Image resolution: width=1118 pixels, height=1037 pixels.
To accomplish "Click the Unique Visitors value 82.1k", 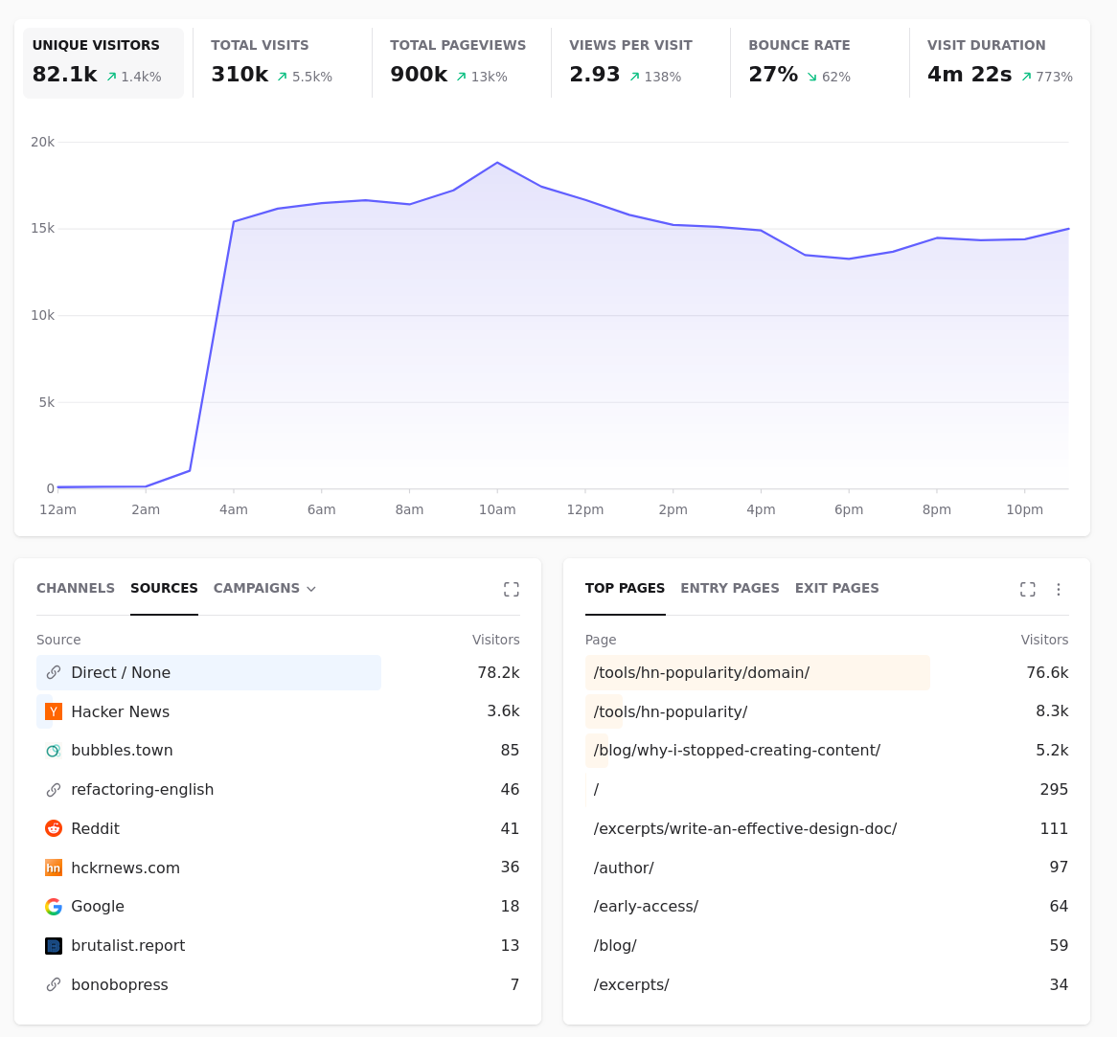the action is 65,74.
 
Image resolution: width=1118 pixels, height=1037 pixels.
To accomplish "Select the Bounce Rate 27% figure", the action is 773,74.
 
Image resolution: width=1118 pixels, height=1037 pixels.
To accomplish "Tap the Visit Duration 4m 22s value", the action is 969,74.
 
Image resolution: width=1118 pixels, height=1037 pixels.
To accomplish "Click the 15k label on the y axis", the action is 42,228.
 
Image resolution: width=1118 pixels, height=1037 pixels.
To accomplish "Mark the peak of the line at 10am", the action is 497,163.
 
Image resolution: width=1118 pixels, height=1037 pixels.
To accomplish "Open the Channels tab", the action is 76,588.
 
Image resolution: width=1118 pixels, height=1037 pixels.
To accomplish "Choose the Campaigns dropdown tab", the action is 264,588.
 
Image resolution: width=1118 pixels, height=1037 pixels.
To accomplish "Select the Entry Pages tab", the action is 729,588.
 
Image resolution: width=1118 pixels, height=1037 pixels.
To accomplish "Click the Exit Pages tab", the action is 836,588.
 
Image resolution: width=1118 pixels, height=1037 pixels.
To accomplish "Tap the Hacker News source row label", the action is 121,712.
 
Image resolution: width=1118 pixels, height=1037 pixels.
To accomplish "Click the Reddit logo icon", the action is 54,828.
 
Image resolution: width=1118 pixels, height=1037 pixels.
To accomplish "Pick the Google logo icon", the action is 54,907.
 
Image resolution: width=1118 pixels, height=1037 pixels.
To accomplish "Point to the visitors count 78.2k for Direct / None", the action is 498,673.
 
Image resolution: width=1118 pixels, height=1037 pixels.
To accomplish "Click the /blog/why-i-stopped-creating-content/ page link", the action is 737,751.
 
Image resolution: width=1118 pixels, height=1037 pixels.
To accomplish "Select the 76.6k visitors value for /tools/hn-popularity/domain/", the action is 1047,673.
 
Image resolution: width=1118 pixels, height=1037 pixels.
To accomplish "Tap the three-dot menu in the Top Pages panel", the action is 1058,590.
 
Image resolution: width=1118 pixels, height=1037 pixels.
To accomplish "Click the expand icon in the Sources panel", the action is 512,590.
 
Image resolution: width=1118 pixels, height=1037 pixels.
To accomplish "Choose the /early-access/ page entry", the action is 646,907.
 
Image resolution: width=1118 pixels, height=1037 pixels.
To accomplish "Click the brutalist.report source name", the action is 128,946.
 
